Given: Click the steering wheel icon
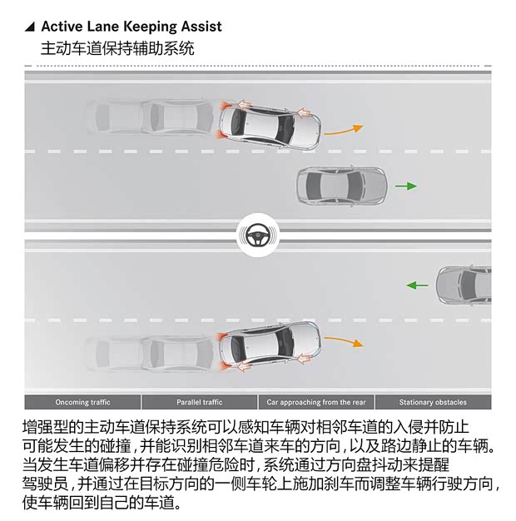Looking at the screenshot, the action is (258, 236).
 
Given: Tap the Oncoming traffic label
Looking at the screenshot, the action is (82, 402).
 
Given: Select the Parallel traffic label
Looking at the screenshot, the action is (200, 402).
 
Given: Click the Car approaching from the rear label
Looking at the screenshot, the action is (316, 402).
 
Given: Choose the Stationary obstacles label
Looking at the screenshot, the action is (433, 402).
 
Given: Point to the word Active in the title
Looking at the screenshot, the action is (62, 27).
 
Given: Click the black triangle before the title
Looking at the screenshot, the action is (30, 27).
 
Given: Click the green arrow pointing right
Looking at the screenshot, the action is (406, 186).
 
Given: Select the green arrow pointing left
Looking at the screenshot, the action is (417, 285).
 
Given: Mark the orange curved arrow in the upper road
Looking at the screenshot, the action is (343, 131).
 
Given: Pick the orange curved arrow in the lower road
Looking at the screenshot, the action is (344, 341).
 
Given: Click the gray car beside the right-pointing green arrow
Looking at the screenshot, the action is (341, 186).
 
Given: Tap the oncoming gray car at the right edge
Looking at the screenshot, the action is (464, 285).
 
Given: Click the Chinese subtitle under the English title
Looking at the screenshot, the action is (117, 48).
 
